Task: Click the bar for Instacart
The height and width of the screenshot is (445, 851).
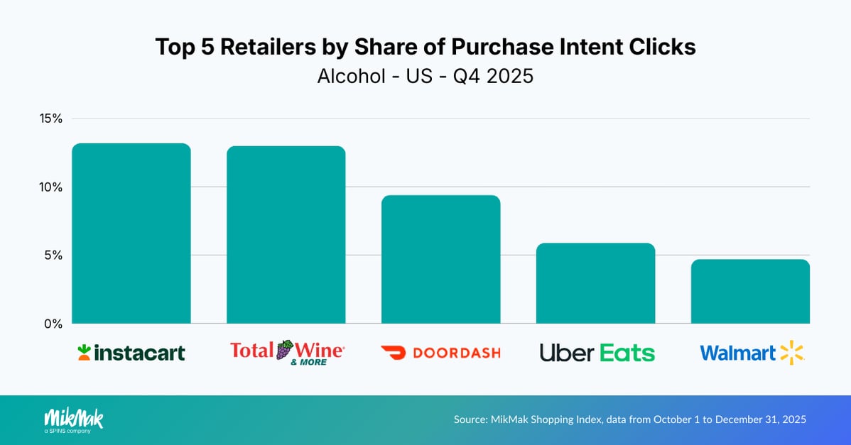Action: click(131, 234)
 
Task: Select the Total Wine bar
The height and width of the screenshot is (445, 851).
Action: click(286, 235)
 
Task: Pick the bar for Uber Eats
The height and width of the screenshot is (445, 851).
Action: click(595, 283)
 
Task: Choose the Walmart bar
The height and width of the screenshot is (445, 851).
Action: click(750, 292)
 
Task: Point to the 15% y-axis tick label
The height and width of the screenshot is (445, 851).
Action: click(50, 119)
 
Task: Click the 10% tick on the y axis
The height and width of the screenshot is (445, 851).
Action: click(50, 187)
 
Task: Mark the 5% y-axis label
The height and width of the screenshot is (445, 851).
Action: click(54, 256)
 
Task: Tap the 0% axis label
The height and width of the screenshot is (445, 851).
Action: click(54, 324)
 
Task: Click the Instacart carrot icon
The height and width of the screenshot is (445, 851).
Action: click(85, 352)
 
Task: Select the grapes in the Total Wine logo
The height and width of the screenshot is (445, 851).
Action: click(285, 349)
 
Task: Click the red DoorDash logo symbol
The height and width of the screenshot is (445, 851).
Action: click(393, 352)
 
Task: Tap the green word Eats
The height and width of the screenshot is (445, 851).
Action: click(626, 353)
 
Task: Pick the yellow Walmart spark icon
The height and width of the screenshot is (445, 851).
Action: click(791, 352)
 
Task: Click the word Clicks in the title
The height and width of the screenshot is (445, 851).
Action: click(663, 48)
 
